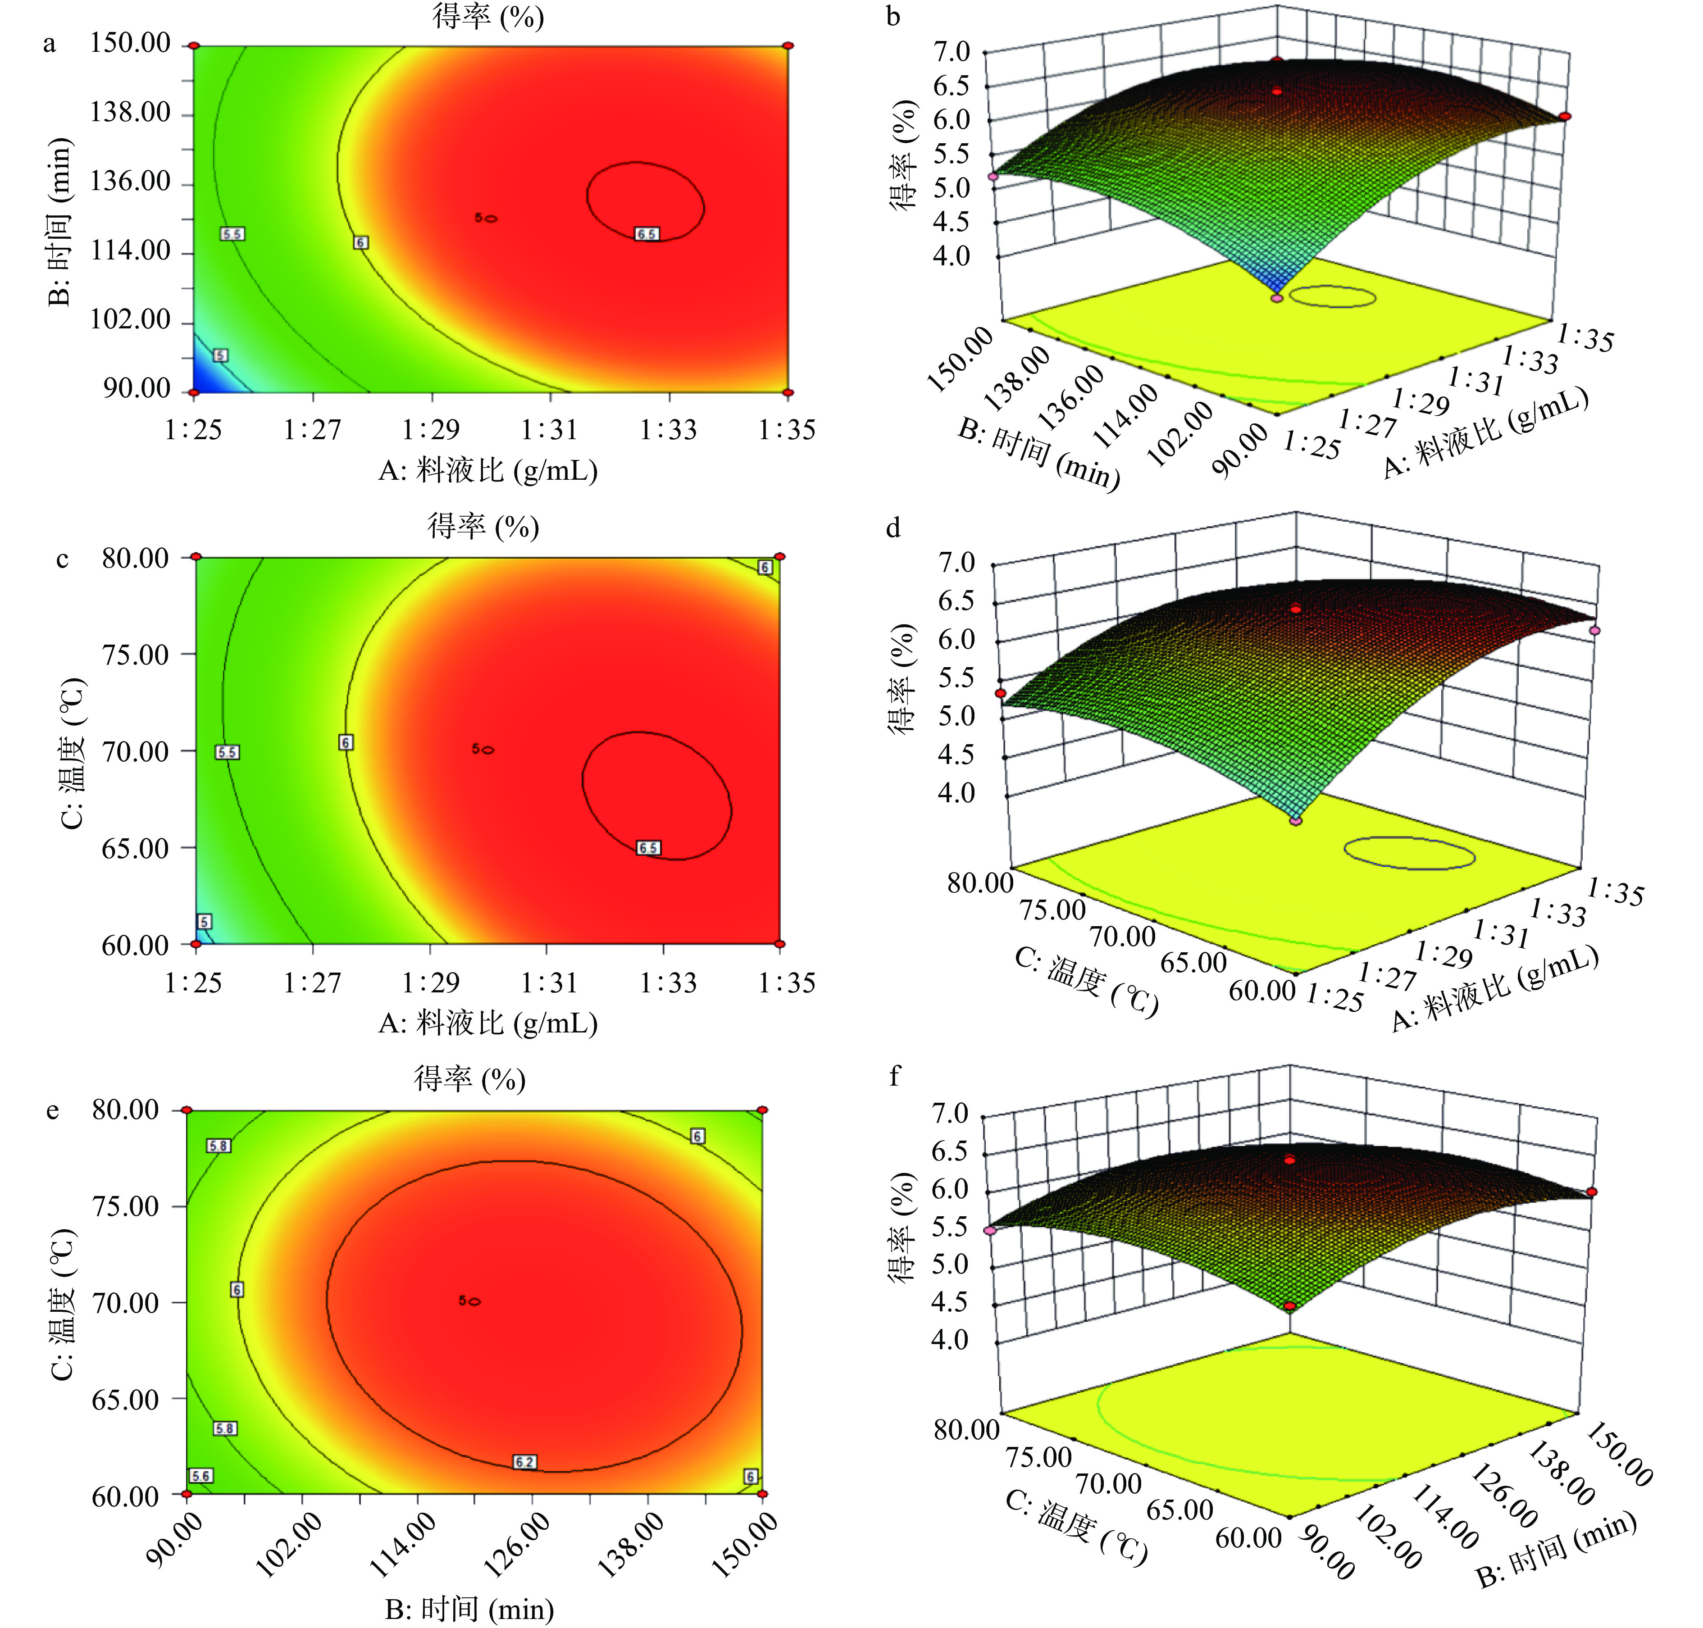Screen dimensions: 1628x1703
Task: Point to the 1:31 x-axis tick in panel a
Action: click(x=550, y=429)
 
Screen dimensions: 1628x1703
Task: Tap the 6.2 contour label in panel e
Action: click(x=524, y=1462)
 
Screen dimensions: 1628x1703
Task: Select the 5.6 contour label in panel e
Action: click(x=200, y=1475)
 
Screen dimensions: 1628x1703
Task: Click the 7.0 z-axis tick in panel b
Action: click(x=952, y=52)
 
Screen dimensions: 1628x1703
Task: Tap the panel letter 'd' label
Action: click(x=893, y=528)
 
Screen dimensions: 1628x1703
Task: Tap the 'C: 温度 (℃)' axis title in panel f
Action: click(x=1076, y=1528)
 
